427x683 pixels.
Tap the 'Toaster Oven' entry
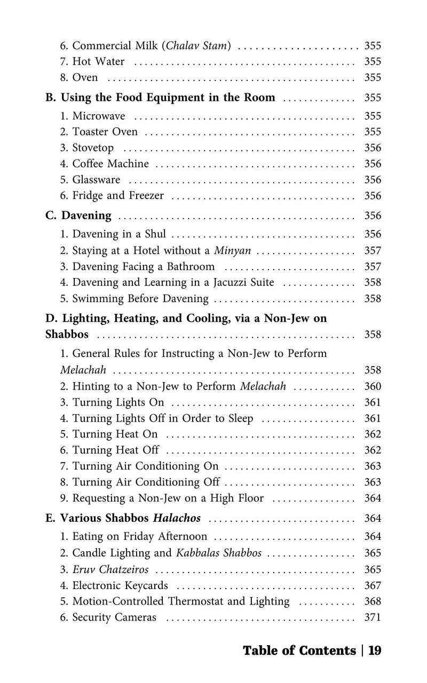(105, 132)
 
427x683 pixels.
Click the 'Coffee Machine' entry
(110, 164)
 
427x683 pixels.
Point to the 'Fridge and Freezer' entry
(118, 196)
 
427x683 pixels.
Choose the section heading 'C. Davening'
(78, 216)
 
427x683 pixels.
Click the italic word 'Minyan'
(233, 250)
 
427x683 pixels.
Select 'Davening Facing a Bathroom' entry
(143, 266)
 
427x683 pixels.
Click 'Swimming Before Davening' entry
(140, 298)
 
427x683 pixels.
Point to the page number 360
(373, 386)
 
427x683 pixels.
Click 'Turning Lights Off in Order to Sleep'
(163, 418)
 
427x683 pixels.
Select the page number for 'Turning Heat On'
(373, 434)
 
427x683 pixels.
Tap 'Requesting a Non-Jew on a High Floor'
(168, 498)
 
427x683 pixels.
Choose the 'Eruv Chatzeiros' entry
(110, 569)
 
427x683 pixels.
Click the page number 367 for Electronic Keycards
(373, 585)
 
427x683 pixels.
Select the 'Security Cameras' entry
(114, 617)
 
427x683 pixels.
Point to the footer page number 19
(375, 650)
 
